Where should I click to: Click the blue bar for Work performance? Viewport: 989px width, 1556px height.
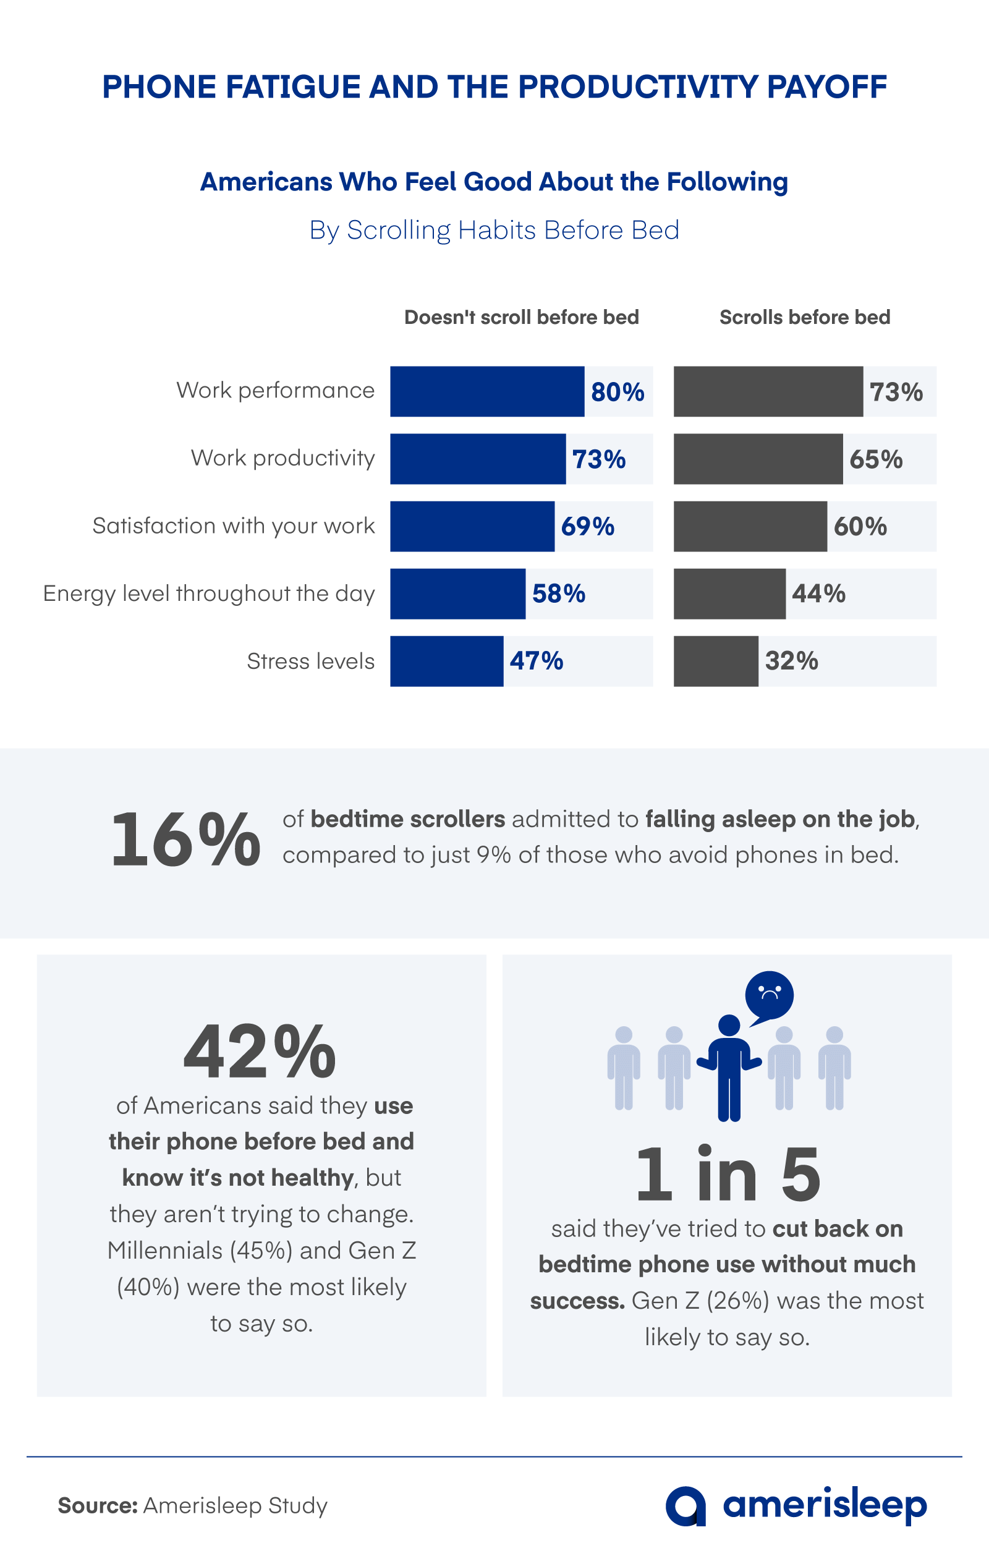coord(487,391)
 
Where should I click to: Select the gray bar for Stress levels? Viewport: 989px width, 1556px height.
coord(716,661)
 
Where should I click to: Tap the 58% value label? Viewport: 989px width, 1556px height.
coord(559,594)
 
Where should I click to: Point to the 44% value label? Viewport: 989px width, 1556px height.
coord(818,594)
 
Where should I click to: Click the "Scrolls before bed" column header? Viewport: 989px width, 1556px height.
coord(805,317)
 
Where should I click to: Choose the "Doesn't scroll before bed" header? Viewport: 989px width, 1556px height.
coord(521,317)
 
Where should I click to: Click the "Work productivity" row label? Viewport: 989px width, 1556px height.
coord(283,458)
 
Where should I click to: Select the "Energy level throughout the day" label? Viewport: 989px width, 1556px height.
coord(209,594)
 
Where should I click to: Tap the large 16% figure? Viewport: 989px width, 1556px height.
coord(185,840)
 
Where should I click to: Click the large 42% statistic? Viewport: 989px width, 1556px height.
coord(260,1053)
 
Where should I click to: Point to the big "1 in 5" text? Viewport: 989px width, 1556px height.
coord(728,1174)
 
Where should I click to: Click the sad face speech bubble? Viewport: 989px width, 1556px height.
coord(769,996)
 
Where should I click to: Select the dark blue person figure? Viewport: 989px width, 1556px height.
coord(729,1069)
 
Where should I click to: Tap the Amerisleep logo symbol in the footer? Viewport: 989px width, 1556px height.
coord(686,1507)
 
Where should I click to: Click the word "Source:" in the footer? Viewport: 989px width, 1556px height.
coord(98,1505)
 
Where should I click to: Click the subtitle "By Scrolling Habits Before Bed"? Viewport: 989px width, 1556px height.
coord(494,230)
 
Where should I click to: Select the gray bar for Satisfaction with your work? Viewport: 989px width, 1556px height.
coord(750,527)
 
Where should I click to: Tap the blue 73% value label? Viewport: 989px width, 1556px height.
coord(599,459)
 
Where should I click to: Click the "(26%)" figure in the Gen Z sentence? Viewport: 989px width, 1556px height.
coord(737,1301)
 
